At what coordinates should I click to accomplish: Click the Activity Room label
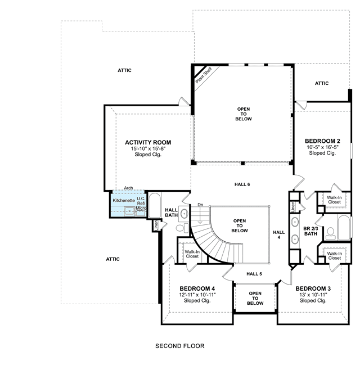tap(148, 142)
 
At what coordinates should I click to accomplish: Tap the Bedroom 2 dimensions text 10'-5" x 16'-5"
tap(322, 147)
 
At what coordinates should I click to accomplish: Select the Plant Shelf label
tap(204, 75)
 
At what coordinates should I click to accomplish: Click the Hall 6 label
tap(242, 184)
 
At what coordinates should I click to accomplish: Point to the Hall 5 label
tap(254, 274)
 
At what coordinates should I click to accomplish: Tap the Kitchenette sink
tap(129, 211)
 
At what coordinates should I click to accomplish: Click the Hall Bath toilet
tap(182, 228)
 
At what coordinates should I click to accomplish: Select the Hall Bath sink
tap(184, 214)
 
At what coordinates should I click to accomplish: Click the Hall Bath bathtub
tap(155, 205)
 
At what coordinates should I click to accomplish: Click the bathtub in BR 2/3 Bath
tap(344, 228)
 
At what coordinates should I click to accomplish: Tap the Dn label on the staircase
tap(200, 205)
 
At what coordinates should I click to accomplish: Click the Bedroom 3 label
tap(313, 288)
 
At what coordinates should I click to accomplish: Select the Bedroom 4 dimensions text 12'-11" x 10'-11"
tap(197, 295)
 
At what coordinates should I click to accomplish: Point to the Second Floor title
tap(180, 346)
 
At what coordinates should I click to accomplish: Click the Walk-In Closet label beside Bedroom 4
tap(192, 254)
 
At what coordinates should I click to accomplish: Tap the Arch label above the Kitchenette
tap(128, 188)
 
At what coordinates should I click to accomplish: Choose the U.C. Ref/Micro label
tap(141, 204)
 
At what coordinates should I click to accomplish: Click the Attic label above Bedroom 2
tap(322, 83)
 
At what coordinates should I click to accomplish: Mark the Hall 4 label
tap(279, 235)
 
